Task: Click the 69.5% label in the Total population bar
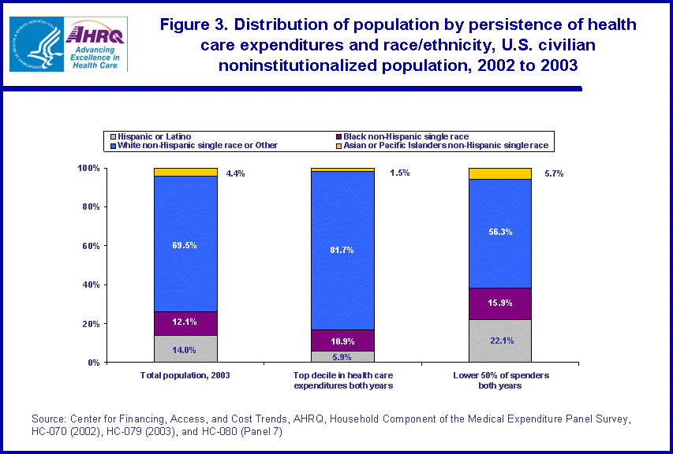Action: point(185,245)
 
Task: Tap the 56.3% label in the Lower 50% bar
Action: point(499,232)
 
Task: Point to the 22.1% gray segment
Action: point(499,340)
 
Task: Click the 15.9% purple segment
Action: point(499,303)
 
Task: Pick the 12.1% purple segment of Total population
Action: point(185,323)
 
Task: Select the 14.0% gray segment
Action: point(185,349)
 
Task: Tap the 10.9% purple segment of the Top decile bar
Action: point(342,340)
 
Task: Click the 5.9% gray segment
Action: point(342,356)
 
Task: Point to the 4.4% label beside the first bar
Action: point(235,173)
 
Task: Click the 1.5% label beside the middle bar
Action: point(399,173)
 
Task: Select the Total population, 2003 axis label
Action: point(185,374)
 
